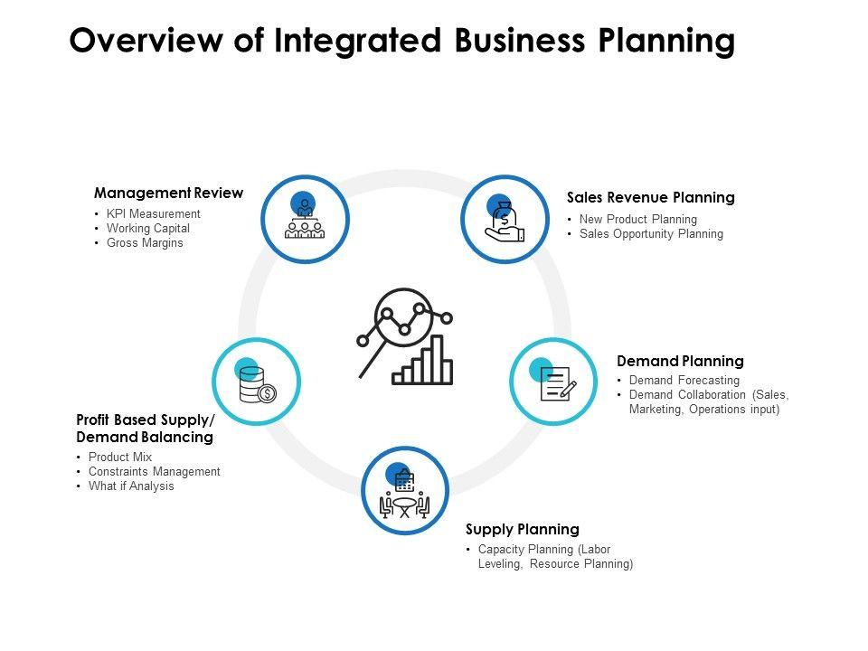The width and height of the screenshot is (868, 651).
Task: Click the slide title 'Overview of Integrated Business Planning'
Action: click(401, 42)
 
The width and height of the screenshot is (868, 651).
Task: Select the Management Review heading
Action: click(168, 193)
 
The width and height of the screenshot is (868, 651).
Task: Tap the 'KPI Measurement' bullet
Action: click(153, 214)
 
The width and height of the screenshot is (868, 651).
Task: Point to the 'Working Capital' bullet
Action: click(147, 229)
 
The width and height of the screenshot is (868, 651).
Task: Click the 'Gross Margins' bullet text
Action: click(145, 243)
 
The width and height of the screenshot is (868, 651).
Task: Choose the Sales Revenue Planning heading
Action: click(650, 197)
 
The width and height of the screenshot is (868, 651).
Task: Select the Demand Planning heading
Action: click(680, 361)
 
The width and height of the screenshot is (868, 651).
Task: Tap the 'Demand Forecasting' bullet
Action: click(684, 381)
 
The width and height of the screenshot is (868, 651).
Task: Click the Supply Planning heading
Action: click(522, 529)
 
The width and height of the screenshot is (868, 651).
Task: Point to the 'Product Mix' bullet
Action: click(119, 458)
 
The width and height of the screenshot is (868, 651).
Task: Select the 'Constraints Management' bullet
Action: click(154, 472)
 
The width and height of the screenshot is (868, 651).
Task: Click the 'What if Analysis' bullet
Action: click(131, 486)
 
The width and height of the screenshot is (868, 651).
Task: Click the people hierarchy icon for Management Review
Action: click(305, 220)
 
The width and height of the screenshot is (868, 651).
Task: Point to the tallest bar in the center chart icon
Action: click(438, 359)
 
